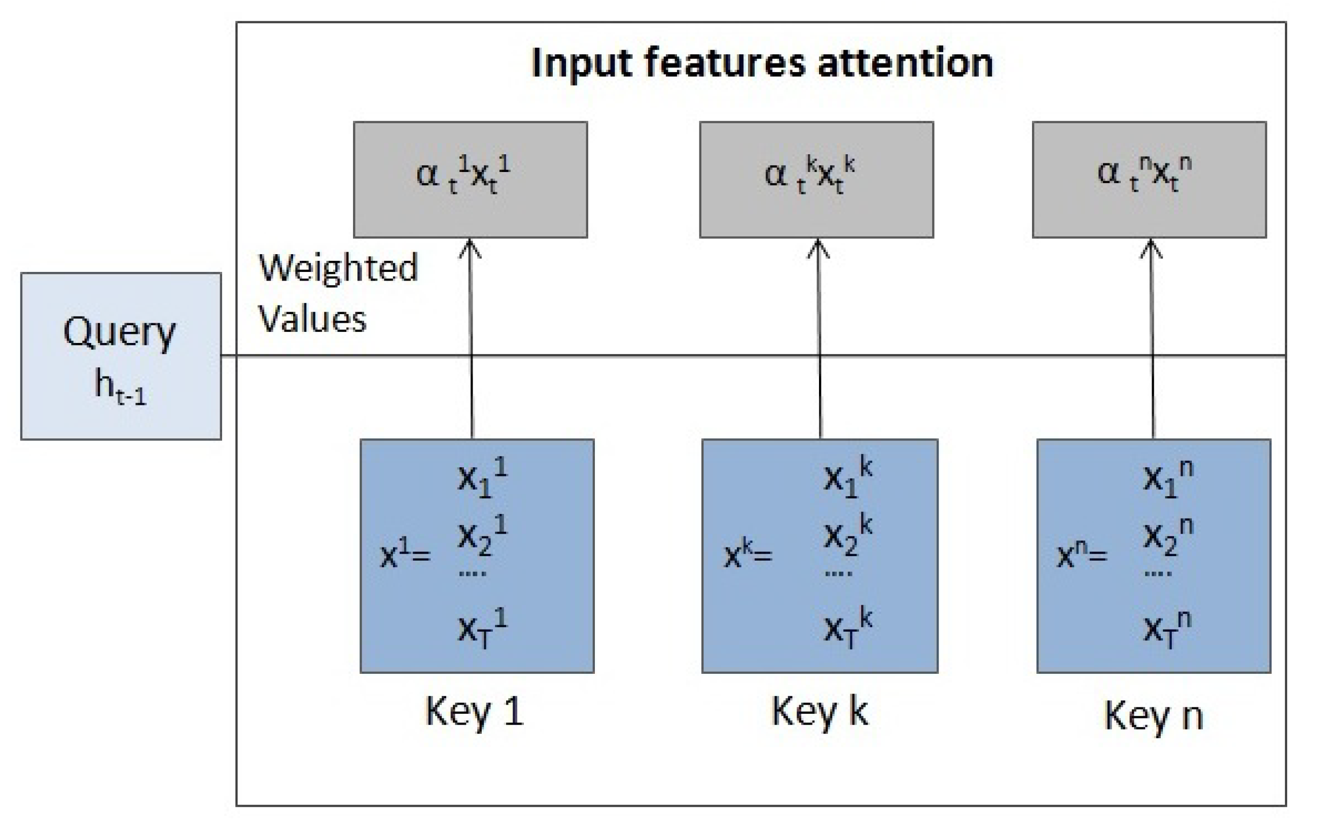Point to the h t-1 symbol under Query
click(121, 386)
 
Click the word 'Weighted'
click(338, 268)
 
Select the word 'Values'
click(312, 318)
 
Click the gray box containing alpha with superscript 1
click(470, 180)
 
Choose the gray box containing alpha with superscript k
click(816, 180)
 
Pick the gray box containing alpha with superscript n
click(1149, 180)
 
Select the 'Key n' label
click(1154, 715)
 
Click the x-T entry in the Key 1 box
click(482, 628)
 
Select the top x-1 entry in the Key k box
click(848, 477)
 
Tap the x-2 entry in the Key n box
click(1168, 537)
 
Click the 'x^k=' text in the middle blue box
click(748, 555)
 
